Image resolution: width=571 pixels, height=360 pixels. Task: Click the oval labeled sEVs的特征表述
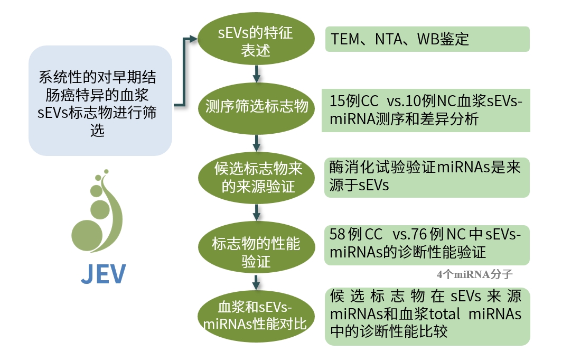click(x=256, y=42)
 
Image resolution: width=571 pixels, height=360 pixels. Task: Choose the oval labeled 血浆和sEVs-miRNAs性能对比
click(x=256, y=315)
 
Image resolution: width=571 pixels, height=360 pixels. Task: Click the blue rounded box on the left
click(x=100, y=100)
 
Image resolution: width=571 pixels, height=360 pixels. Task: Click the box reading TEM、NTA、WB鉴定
click(x=427, y=39)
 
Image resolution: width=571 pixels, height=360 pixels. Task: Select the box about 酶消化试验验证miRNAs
click(x=427, y=178)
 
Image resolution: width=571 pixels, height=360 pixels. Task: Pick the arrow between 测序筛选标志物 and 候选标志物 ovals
click(x=257, y=141)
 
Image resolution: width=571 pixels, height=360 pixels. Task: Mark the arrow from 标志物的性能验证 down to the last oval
click(x=257, y=281)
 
